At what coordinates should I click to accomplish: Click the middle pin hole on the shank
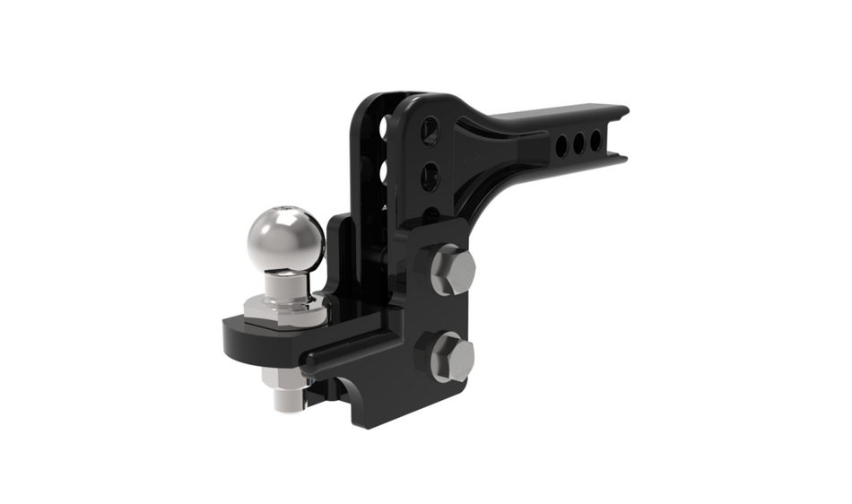[x=578, y=142]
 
